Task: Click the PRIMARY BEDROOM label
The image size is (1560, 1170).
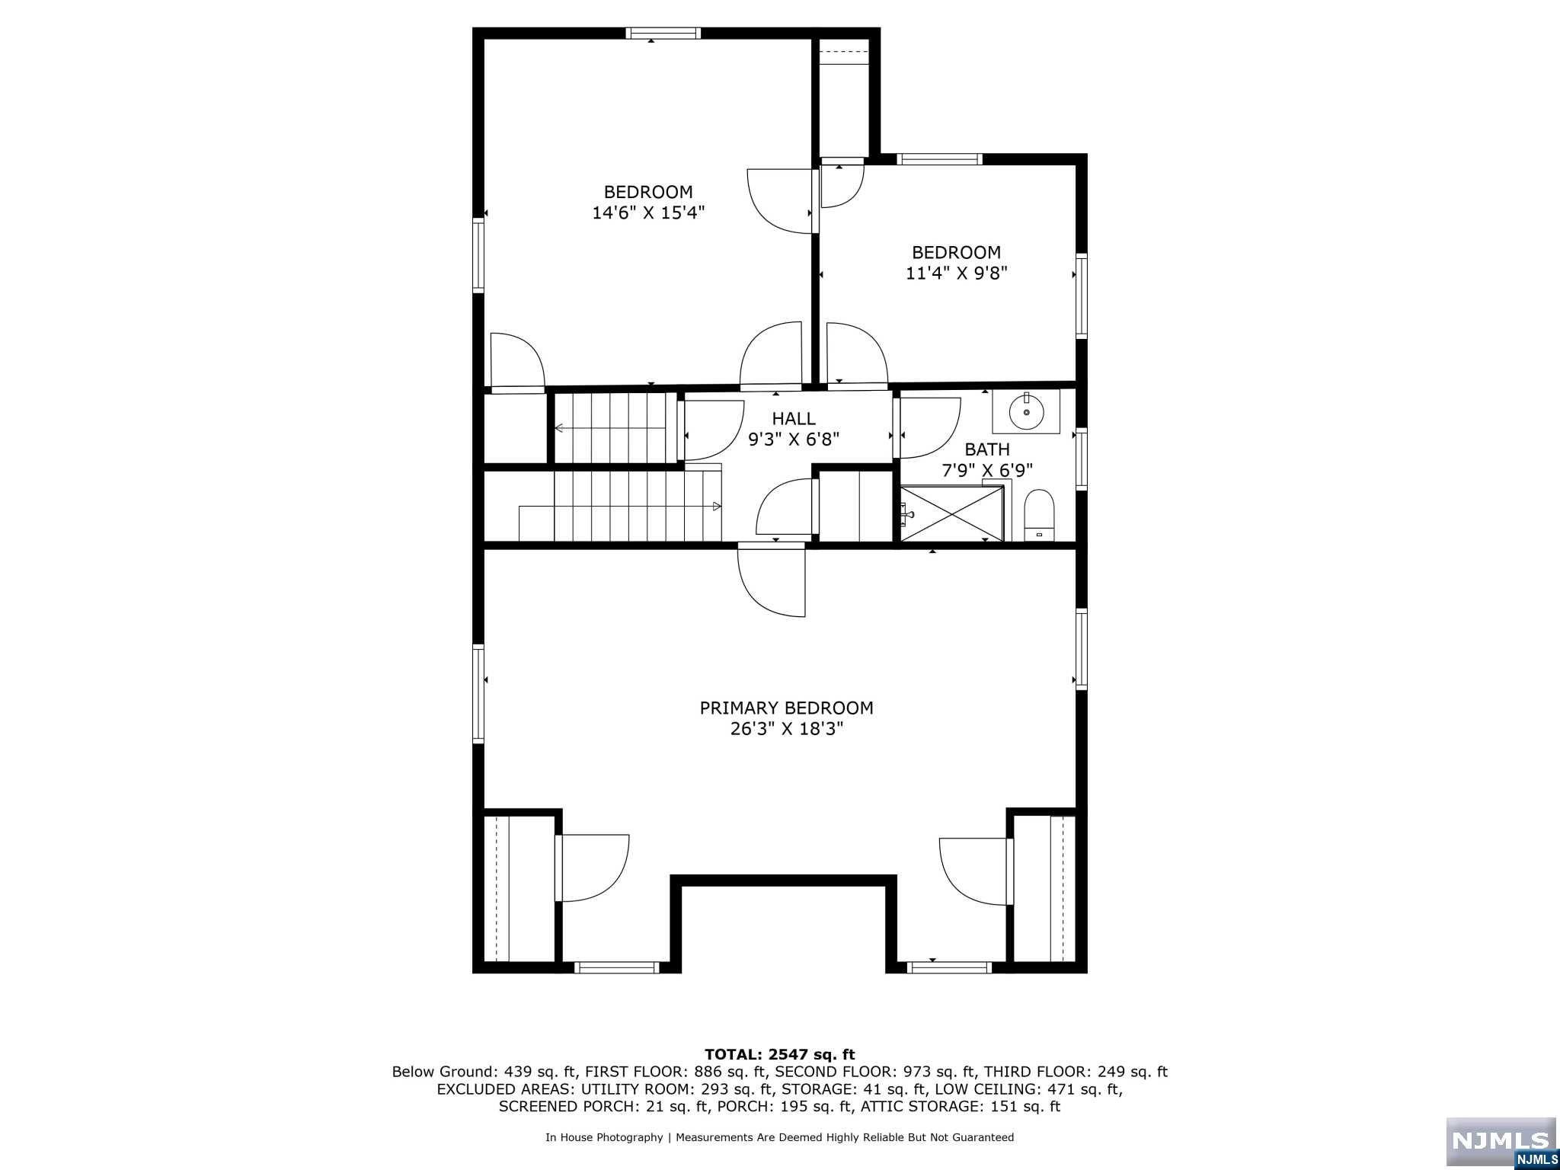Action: tap(786, 708)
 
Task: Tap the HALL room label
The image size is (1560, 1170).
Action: tap(794, 418)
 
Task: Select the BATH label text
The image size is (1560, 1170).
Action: tap(987, 449)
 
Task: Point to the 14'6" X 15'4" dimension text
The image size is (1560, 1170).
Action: tap(648, 213)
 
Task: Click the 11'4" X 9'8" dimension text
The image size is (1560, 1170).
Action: tap(956, 273)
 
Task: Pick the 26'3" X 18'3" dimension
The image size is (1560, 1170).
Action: tap(786, 729)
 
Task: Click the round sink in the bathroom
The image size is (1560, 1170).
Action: tap(1026, 412)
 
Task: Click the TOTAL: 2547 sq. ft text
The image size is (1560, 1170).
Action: tap(779, 1054)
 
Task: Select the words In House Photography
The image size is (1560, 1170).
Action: tap(604, 1137)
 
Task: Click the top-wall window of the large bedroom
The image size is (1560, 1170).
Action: tap(663, 33)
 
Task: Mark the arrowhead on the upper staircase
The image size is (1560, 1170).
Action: tap(559, 428)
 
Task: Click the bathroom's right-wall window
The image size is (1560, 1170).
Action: tap(1081, 458)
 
